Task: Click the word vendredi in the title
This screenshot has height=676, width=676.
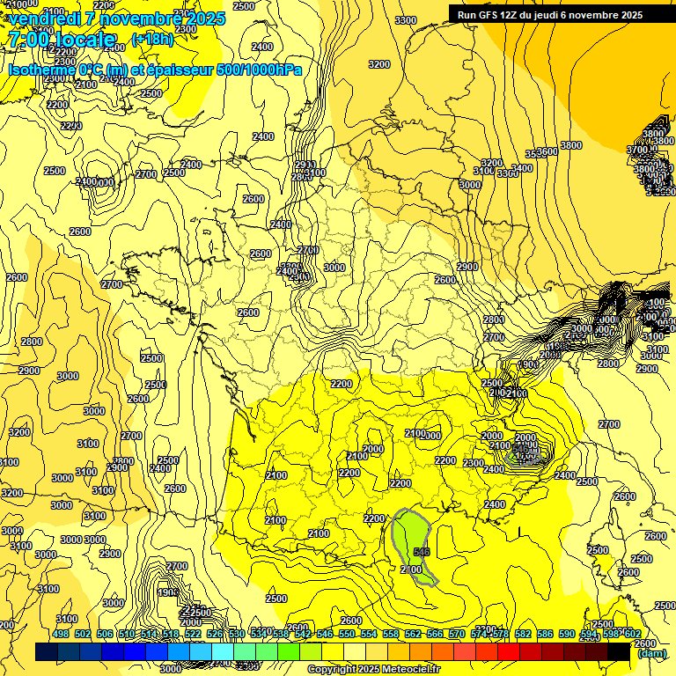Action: (x=45, y=18)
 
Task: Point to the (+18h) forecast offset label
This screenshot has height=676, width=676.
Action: (x=152, y=39)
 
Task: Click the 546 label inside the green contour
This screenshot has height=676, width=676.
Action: (x=422, y=551)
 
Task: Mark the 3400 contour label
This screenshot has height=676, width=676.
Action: (x=522, y=168)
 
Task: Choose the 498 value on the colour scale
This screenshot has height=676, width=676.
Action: (x=61, y=634)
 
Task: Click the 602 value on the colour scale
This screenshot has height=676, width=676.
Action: (x=632, y=634)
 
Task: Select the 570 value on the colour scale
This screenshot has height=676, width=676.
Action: (x=457, y=634)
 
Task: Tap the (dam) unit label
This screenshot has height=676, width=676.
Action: (x=651, y=653)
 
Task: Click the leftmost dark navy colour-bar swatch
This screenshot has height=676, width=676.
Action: (x=47, y=652)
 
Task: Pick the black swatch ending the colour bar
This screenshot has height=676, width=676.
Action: (x=619, y=652)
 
